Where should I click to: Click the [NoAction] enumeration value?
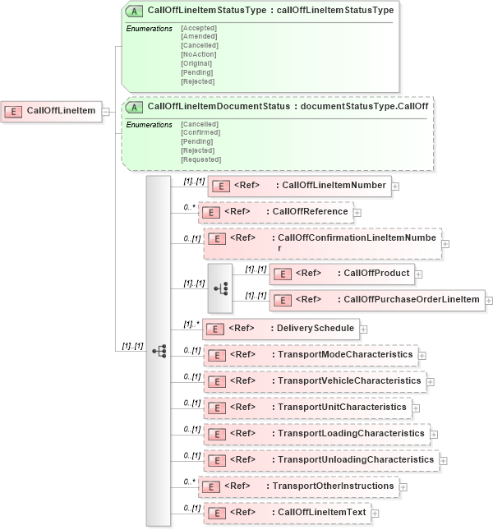[198, 54]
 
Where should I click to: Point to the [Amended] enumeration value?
[199, 36]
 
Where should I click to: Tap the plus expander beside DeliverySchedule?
[364, 330]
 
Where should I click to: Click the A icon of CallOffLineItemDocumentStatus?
[134, 107]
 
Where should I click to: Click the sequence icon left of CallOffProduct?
[220, 288]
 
